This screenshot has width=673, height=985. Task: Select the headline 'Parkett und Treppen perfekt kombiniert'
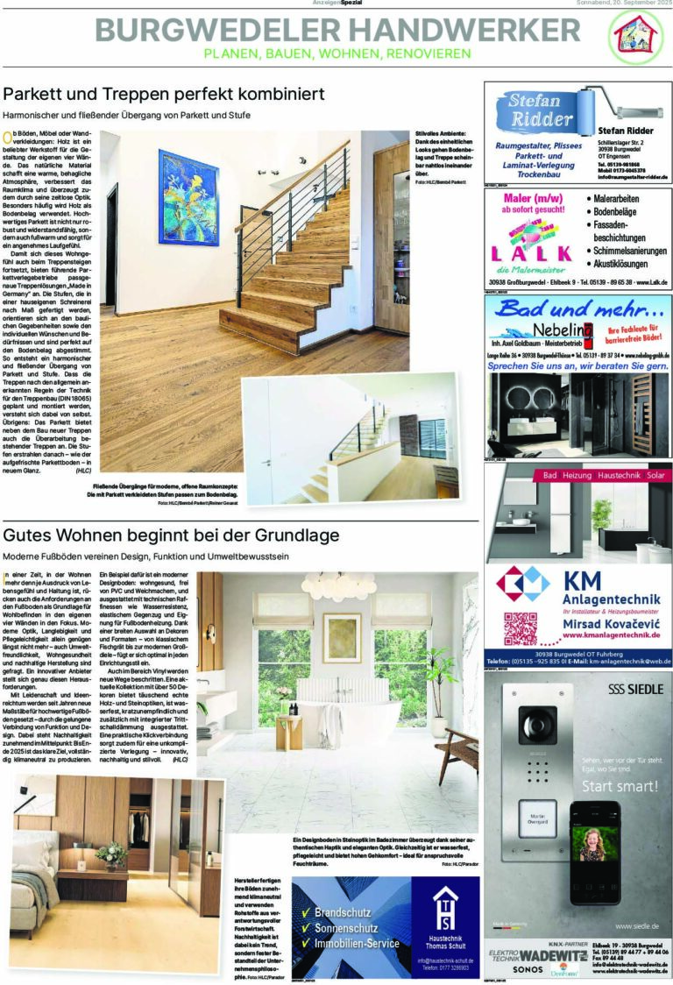pos(164,93)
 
